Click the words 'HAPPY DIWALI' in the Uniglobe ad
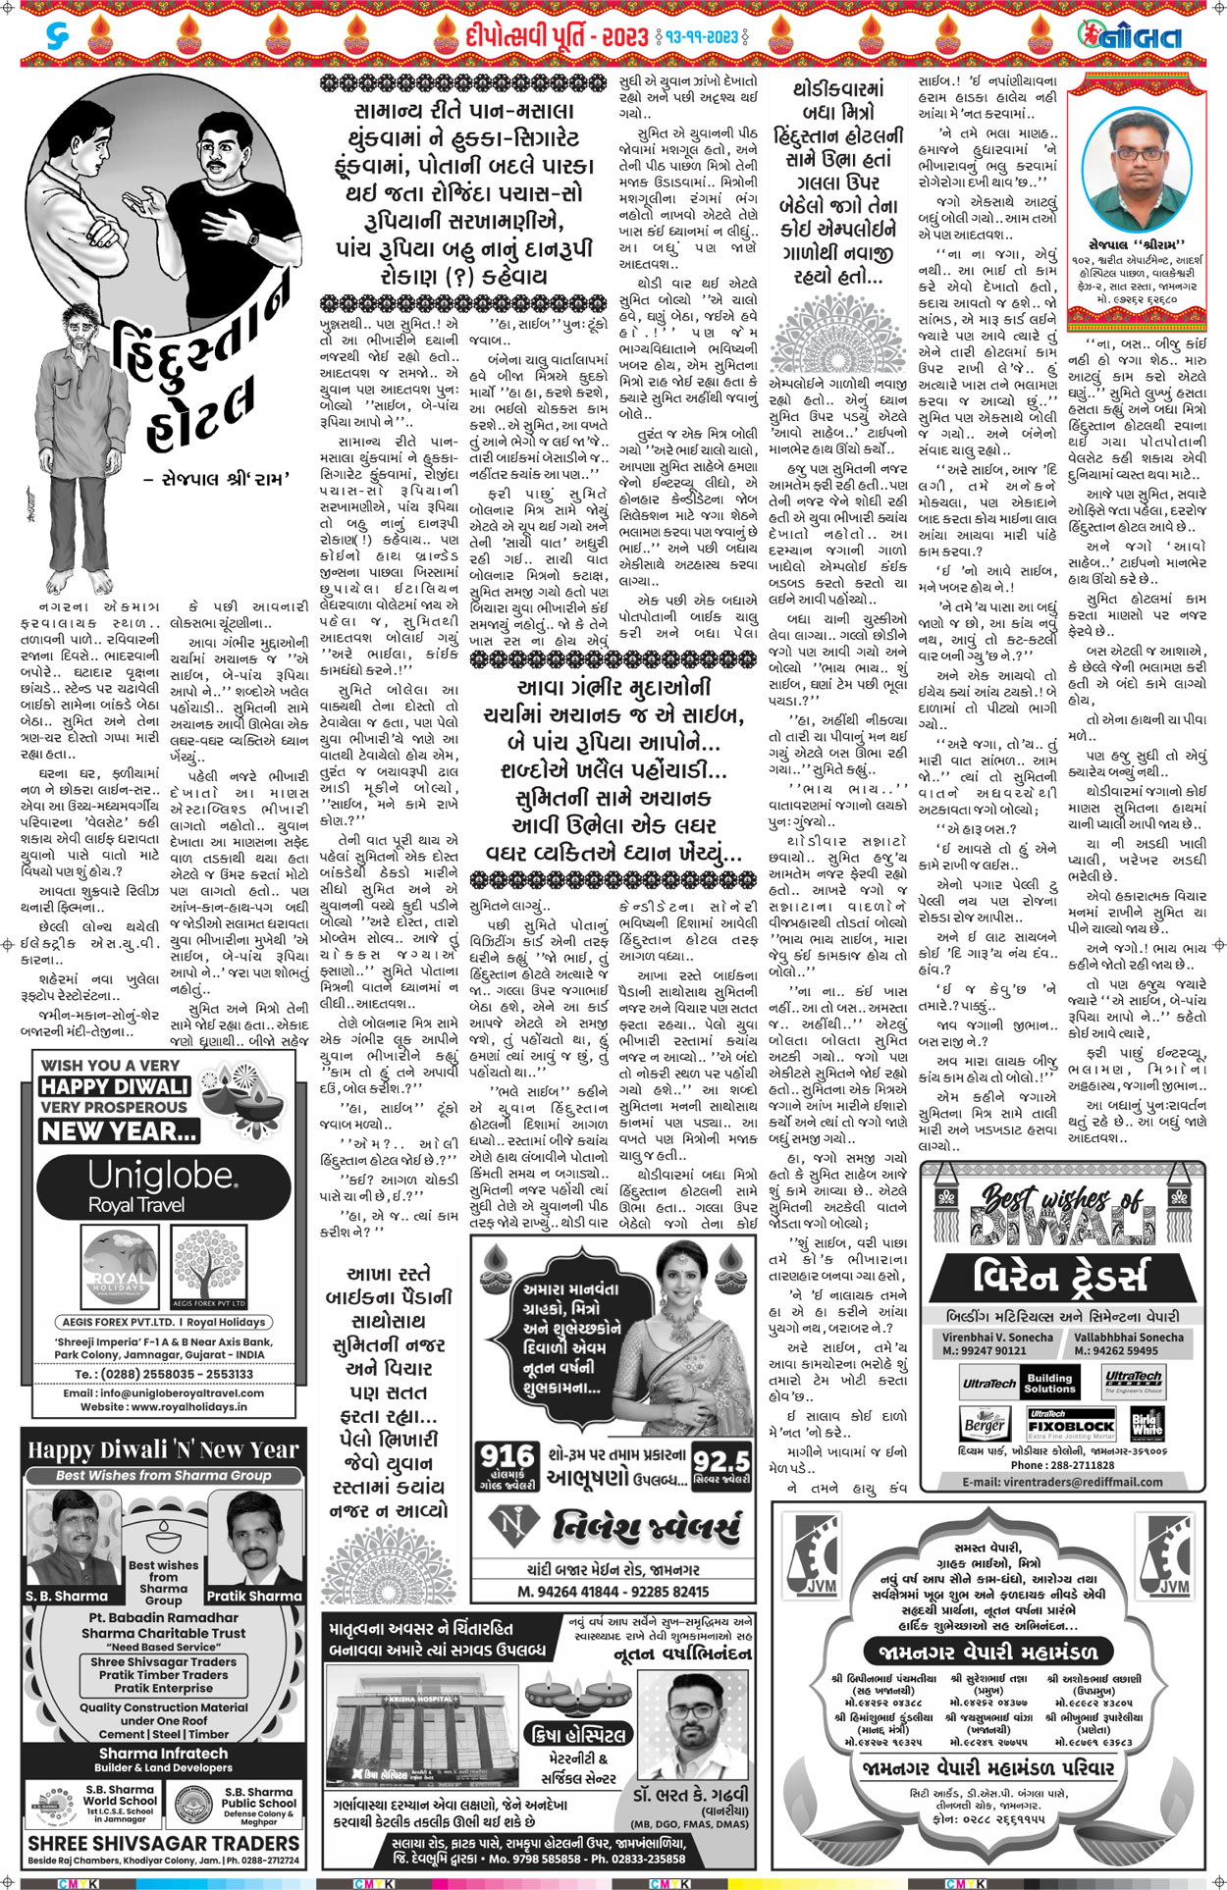pos(114,1086)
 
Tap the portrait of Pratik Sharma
pos(253,1540)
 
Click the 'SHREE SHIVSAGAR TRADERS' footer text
pos(163,1843)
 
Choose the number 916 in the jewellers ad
pos(507,1456)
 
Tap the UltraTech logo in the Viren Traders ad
pos(988,1383)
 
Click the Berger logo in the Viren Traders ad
pos(984,1424)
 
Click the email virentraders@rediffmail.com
pos(1063,1482)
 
